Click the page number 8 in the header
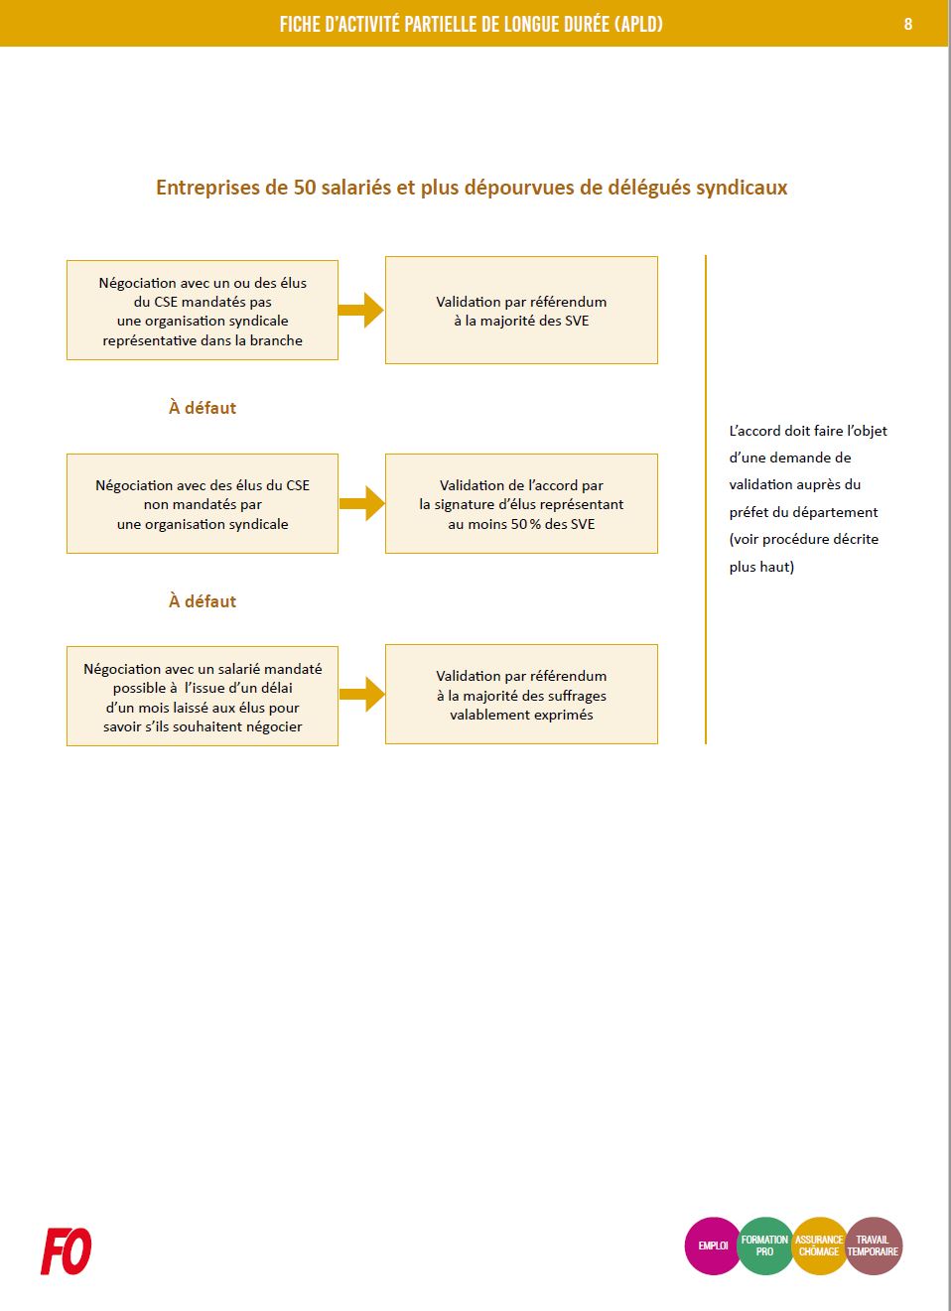[x=907, y=24]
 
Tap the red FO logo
[x=67, y=1250]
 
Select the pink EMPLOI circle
[x=713, y=1245]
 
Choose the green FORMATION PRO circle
[x=765, y=1245]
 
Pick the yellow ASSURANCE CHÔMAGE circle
[x=819, y=1245]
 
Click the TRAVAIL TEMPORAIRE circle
[x=874, y=1245]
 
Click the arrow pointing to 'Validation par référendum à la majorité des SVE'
[x=361, y=310]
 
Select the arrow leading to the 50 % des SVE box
[x=361, y=503]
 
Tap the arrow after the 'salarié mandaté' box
[x=361, y=694]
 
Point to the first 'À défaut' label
[x=203, y=408]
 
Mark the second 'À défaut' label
[x=203, y=601]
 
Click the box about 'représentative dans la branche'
[x=203, y=311]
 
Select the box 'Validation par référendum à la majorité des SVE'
[x=521, y=311]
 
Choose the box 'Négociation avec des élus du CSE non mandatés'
[x=203, y=504]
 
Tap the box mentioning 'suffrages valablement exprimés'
[x=521, y=695]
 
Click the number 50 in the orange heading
[x=304, y=188]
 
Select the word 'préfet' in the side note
[x=748, y=512]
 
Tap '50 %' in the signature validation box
[x=526, y=524]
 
